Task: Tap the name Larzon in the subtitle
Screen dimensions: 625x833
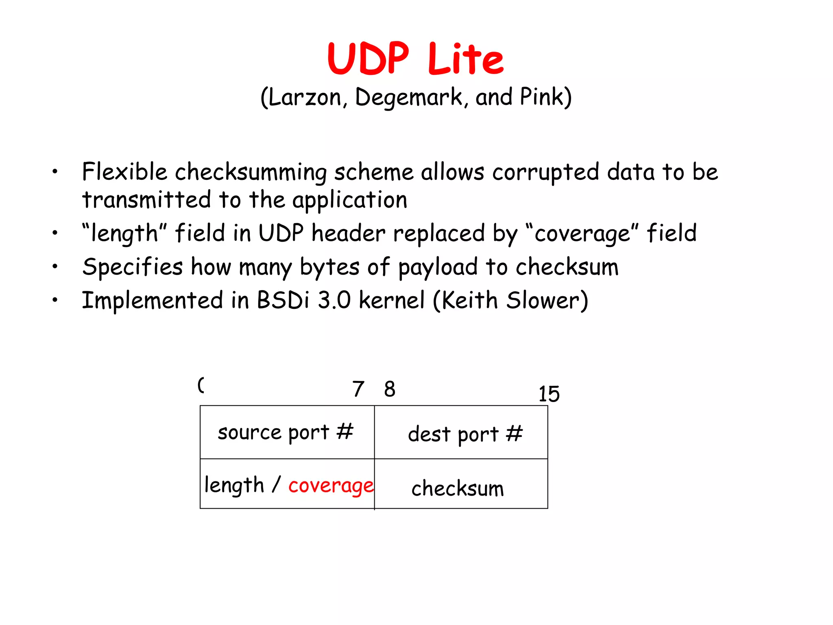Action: (305, 98)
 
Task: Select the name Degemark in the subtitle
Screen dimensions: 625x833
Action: (409, 98)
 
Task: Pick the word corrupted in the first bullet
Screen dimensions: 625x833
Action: (545, 172)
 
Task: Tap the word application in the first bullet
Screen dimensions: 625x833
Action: (350, 200)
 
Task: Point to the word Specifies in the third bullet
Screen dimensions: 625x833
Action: (133, 267)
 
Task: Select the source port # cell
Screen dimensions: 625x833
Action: (286, 432)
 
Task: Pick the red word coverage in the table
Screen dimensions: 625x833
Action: (331, 485)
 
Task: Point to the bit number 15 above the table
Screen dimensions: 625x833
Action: (549, 394)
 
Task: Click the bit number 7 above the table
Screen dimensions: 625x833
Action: (358, 389)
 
